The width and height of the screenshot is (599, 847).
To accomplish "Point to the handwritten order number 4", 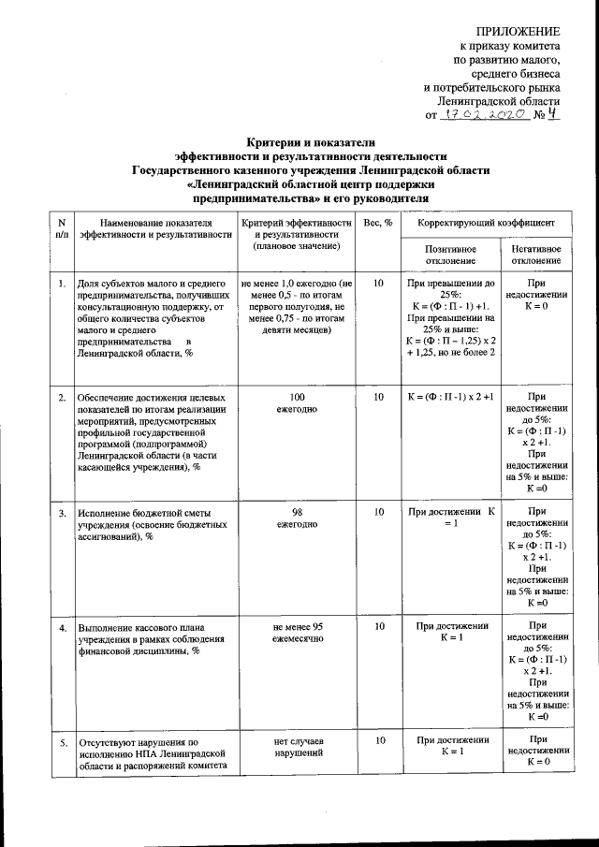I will (x=554, y=114).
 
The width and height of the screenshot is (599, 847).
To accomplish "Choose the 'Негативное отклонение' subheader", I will (x=536, y=255).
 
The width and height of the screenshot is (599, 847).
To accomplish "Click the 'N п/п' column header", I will (x=61, y=228).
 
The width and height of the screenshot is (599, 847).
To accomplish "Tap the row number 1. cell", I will (x=61, y=283).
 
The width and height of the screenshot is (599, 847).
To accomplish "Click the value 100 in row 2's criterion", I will (x=298, y=398).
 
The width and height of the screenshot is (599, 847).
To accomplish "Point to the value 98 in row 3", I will (x=298, y=513).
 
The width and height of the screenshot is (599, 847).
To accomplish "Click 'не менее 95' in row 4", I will (x=298, y=625).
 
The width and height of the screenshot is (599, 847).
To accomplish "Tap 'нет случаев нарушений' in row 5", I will (x=298, y=745).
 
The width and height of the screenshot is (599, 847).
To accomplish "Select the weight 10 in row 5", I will (x=378, y=739).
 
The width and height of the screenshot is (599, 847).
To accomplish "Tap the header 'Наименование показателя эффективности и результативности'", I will (x=155, y=228).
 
